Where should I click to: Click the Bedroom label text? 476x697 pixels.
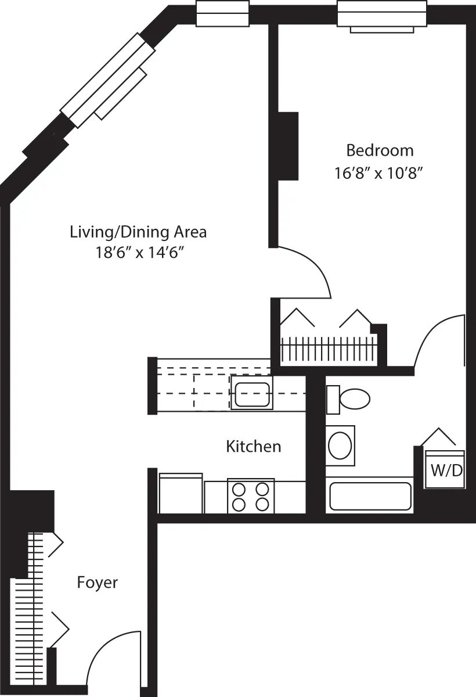380,150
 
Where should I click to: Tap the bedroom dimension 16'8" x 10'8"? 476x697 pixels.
377,174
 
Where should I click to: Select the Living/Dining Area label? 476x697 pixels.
138,232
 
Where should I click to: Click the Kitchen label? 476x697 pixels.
253,446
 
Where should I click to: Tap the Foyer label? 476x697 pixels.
98,583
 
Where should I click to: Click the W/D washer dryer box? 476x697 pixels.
445,469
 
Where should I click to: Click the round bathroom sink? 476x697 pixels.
340,445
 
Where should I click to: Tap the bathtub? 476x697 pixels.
370,495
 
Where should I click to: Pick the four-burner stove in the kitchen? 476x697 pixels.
251,497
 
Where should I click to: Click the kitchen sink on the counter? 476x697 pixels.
251,393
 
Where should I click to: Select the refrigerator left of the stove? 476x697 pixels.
181,494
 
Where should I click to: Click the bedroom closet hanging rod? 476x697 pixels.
328,349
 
